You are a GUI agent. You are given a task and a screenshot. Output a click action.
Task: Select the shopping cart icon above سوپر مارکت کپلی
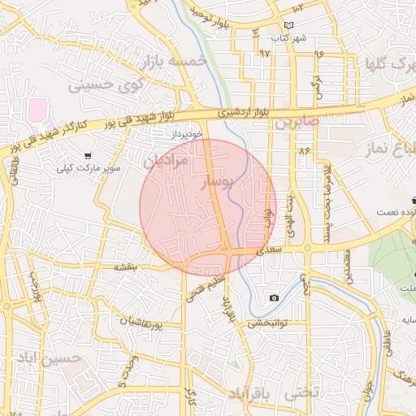point(87,155)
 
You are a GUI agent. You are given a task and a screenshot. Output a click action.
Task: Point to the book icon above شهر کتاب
point(289,24)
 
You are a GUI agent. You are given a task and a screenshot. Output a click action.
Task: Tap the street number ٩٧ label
point(264,52)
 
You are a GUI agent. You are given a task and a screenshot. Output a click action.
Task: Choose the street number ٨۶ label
point(305,151)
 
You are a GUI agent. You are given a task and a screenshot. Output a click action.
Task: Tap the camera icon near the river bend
point(275,298)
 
